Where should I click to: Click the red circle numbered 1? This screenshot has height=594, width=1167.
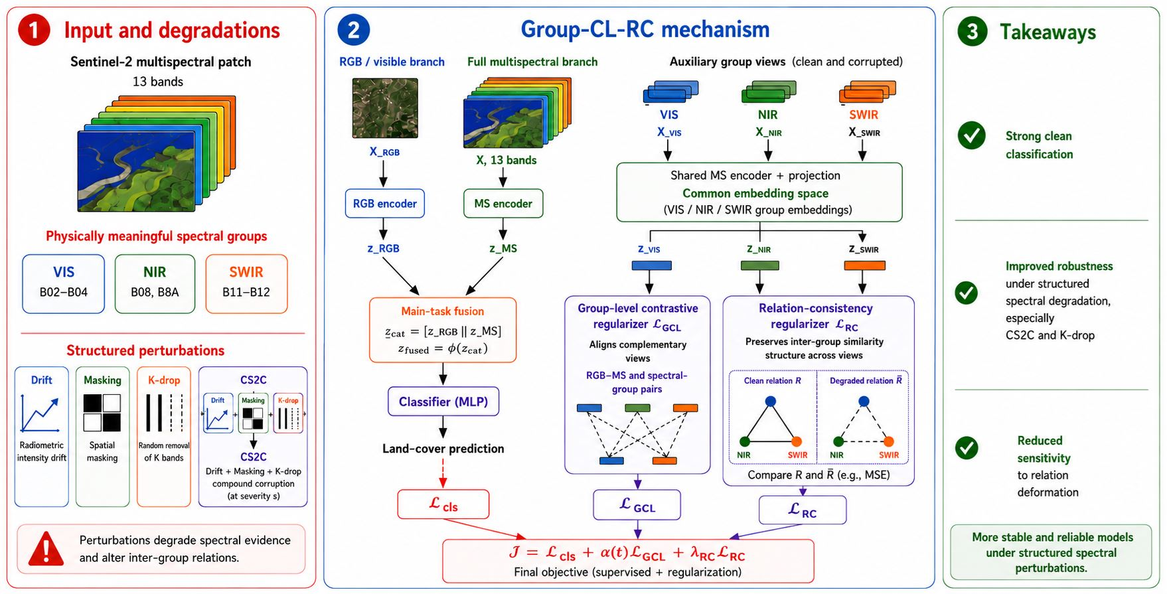[34, 30]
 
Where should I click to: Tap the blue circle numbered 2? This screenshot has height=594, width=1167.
[353, 30]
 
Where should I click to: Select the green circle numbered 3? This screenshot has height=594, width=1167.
[972, 31]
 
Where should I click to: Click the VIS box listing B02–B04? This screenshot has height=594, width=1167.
[64, 283]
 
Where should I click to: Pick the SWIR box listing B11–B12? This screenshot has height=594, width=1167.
[246, 283]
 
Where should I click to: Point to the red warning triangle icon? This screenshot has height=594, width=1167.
[46, 549]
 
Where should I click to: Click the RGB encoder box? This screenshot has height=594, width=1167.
[384, 204]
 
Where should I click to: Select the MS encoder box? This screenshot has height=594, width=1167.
[503, 204]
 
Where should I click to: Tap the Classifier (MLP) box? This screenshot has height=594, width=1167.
[443, 402]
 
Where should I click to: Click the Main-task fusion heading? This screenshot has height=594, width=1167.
[443, 311]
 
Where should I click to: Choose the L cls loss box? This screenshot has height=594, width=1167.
[443, 504]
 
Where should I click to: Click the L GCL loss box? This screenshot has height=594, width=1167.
[637, 504]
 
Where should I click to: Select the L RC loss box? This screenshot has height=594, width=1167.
[803, 510]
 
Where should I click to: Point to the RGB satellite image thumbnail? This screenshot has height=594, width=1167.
[385, 108]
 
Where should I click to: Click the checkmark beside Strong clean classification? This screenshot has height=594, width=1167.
[971, 135]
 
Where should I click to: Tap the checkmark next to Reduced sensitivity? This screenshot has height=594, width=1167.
[967, 448]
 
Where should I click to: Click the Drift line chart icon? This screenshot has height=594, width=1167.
[40, 413]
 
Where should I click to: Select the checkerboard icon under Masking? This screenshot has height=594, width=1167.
[102, 413]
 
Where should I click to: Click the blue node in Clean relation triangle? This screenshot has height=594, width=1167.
[771, 401]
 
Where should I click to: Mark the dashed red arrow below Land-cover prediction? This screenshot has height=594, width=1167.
[443, 472]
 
